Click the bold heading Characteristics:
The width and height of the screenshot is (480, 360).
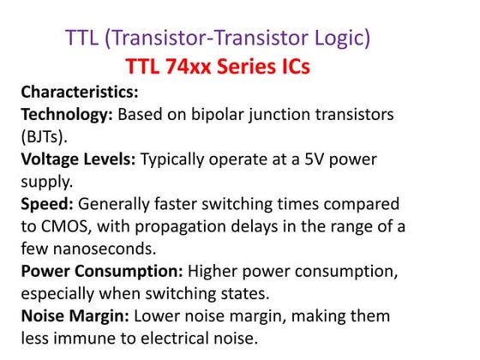click(79, 91)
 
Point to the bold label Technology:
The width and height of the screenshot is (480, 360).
click(66, 114)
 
